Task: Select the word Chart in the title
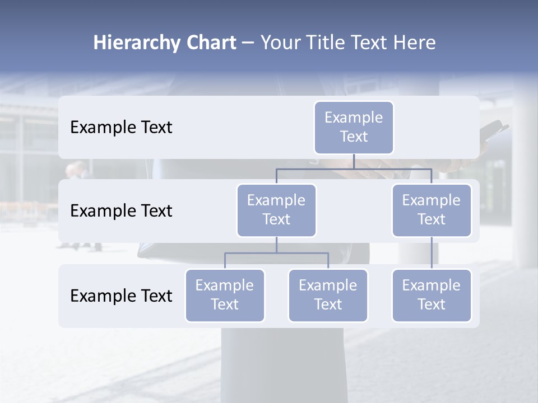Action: click(210, 43)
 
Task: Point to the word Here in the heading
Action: click(416, 43)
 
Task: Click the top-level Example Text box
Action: click(354, 127)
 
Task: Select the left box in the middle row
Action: click(276, 210)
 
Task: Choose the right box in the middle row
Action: click(432, 210)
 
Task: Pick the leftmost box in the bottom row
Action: click(225, 295)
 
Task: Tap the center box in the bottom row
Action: click(328, 295)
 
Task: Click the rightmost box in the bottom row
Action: click(432, 295)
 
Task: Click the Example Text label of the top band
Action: click(121, 128)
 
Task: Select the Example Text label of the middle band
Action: click(121, 211)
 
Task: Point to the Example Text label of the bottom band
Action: click(121, 296)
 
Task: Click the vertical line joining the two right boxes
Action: click(432, 253)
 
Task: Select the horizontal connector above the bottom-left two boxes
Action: click(276, 253)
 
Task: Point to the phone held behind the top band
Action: click(497, 129)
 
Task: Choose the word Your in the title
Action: click(280, 43)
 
